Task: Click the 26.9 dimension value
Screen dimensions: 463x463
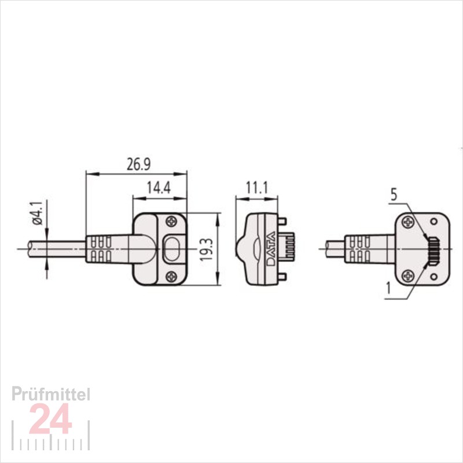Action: coord(138,165)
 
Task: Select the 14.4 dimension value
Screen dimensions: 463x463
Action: coord(159,188)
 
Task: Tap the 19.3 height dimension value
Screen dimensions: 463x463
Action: coord(206,249)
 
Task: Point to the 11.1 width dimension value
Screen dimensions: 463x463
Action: coord(257,188)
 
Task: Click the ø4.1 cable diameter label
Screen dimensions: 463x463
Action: coord(38,213)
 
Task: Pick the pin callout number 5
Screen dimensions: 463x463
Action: coord(394,195)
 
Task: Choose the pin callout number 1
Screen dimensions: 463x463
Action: coord(388,288)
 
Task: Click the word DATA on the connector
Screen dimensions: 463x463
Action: coord(271,249)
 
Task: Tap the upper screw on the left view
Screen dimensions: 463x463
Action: coord(171,222)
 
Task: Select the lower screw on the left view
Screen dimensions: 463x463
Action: coord(171,277)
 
